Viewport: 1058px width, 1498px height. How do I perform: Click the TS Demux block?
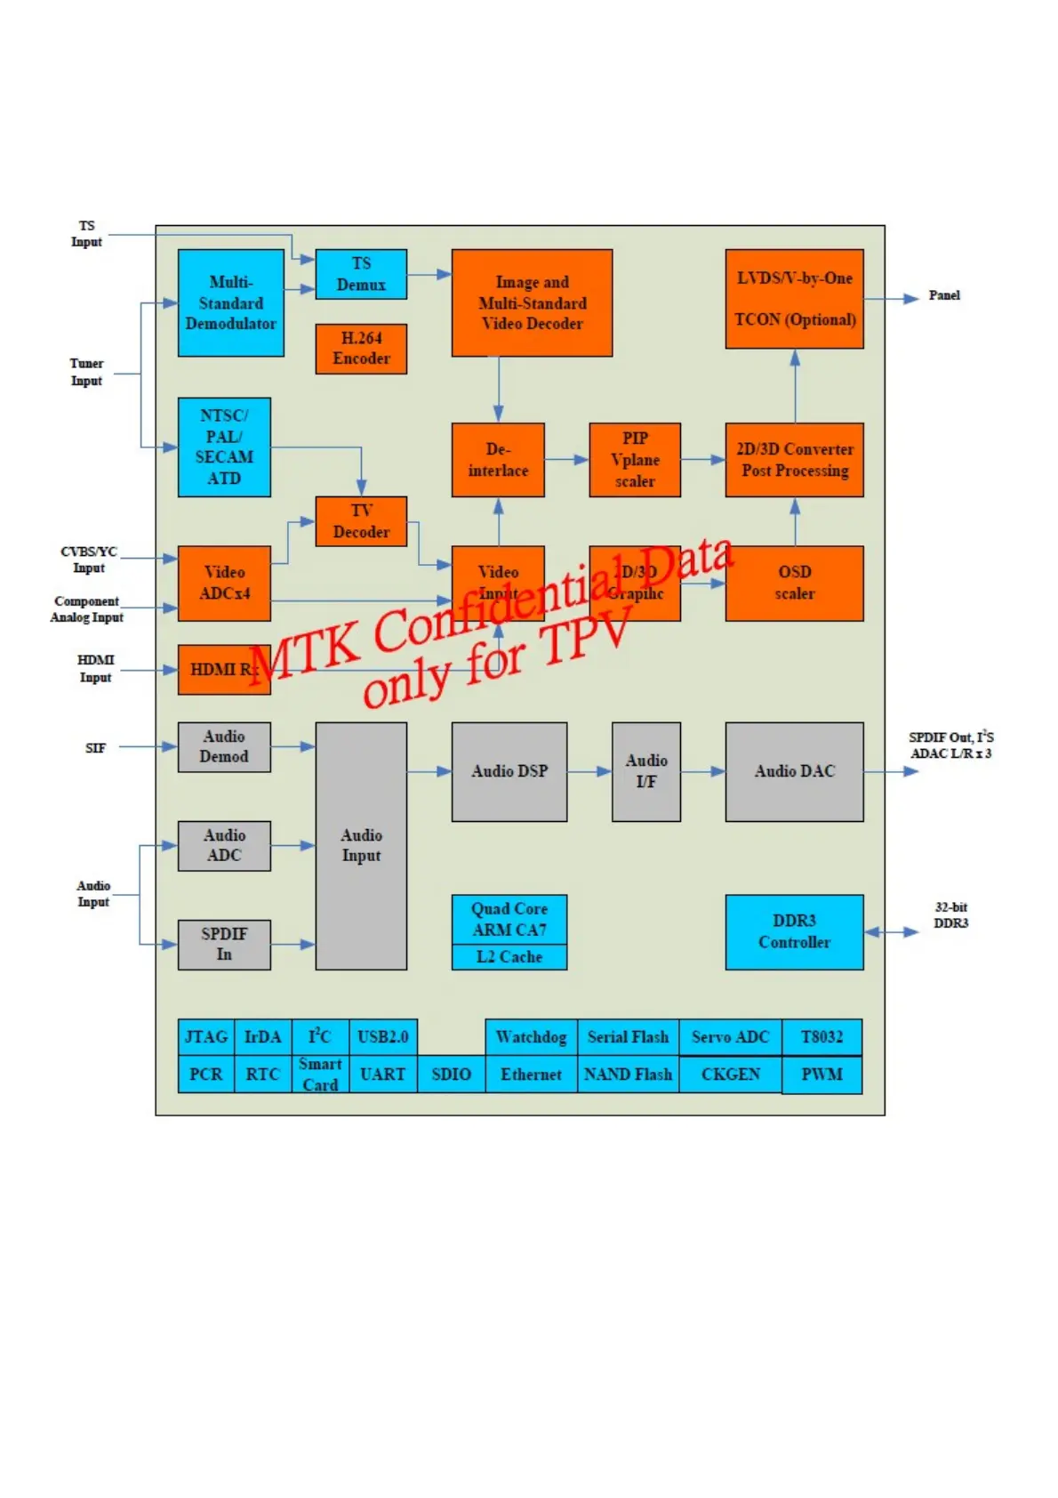coord(361,274)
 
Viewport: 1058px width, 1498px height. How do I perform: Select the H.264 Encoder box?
coord(361,349)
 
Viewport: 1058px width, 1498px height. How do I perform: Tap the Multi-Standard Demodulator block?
coord(230,303)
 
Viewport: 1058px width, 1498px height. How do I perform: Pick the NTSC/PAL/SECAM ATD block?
coord(224,447)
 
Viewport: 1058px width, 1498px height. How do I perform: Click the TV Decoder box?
coord(361,521)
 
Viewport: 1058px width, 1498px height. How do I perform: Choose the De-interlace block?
coord(498,460)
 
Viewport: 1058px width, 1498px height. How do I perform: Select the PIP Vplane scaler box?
coord(635,460)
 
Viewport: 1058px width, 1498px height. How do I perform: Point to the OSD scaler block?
coord(794,583)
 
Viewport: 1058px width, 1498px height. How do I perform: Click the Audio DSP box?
coord(509,771)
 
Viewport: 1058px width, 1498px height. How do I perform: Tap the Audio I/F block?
coord(646,771)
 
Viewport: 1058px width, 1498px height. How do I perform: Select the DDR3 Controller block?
coord(794,931)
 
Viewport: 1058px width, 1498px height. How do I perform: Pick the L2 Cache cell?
coord(509,957)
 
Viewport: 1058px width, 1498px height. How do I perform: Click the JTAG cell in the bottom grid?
coord(206,1037)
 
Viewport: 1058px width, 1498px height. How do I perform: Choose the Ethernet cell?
coord(531,1075)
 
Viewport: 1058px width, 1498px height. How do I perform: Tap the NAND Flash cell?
coord(628,1075)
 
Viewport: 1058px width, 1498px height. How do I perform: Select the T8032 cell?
coord(822,1037)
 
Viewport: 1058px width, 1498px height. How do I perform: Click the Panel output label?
coord(944,295)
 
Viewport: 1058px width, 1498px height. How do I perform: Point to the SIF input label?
coord(95,748)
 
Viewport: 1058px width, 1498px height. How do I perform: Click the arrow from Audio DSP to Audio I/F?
coord(589,771)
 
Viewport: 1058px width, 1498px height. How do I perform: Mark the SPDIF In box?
coord(224,944)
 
